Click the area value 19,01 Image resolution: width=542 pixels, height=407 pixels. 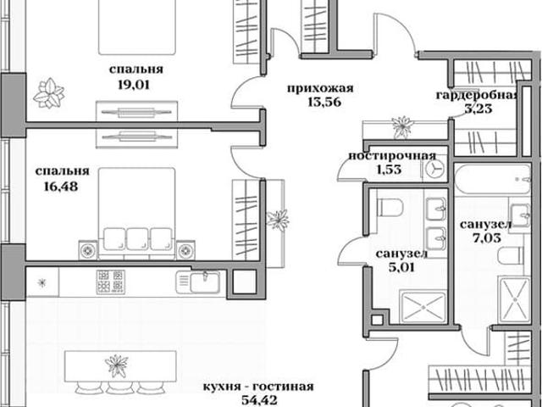click(134, 85)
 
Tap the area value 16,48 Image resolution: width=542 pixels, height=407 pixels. click(61, 187)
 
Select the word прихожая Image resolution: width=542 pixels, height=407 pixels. click(320, 88)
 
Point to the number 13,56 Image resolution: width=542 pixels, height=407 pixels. click(324, 102)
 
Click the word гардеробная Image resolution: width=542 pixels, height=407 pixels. click(477, 95)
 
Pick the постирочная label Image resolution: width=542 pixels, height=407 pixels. click(392, 156)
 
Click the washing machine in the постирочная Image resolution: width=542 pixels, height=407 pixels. click(434, 170)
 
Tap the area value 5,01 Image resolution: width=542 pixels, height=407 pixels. click(401, 267)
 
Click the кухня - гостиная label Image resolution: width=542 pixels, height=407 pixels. click(258, 387)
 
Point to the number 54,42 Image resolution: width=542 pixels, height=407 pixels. click(259, 400)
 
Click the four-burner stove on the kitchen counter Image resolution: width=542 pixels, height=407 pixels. click(111, 282)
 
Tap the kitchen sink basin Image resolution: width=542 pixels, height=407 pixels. click(205, 282)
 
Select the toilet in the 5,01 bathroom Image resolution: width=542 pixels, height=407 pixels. click(390, 207)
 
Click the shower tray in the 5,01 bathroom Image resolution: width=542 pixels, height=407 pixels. click(423, 307)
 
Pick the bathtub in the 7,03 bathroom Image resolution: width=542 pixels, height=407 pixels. click(493, 179)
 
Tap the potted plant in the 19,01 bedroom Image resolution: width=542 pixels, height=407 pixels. click(49, 92)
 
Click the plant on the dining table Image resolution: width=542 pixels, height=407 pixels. click(117, 365)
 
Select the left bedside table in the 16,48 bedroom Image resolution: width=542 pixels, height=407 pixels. click(88, 250)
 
